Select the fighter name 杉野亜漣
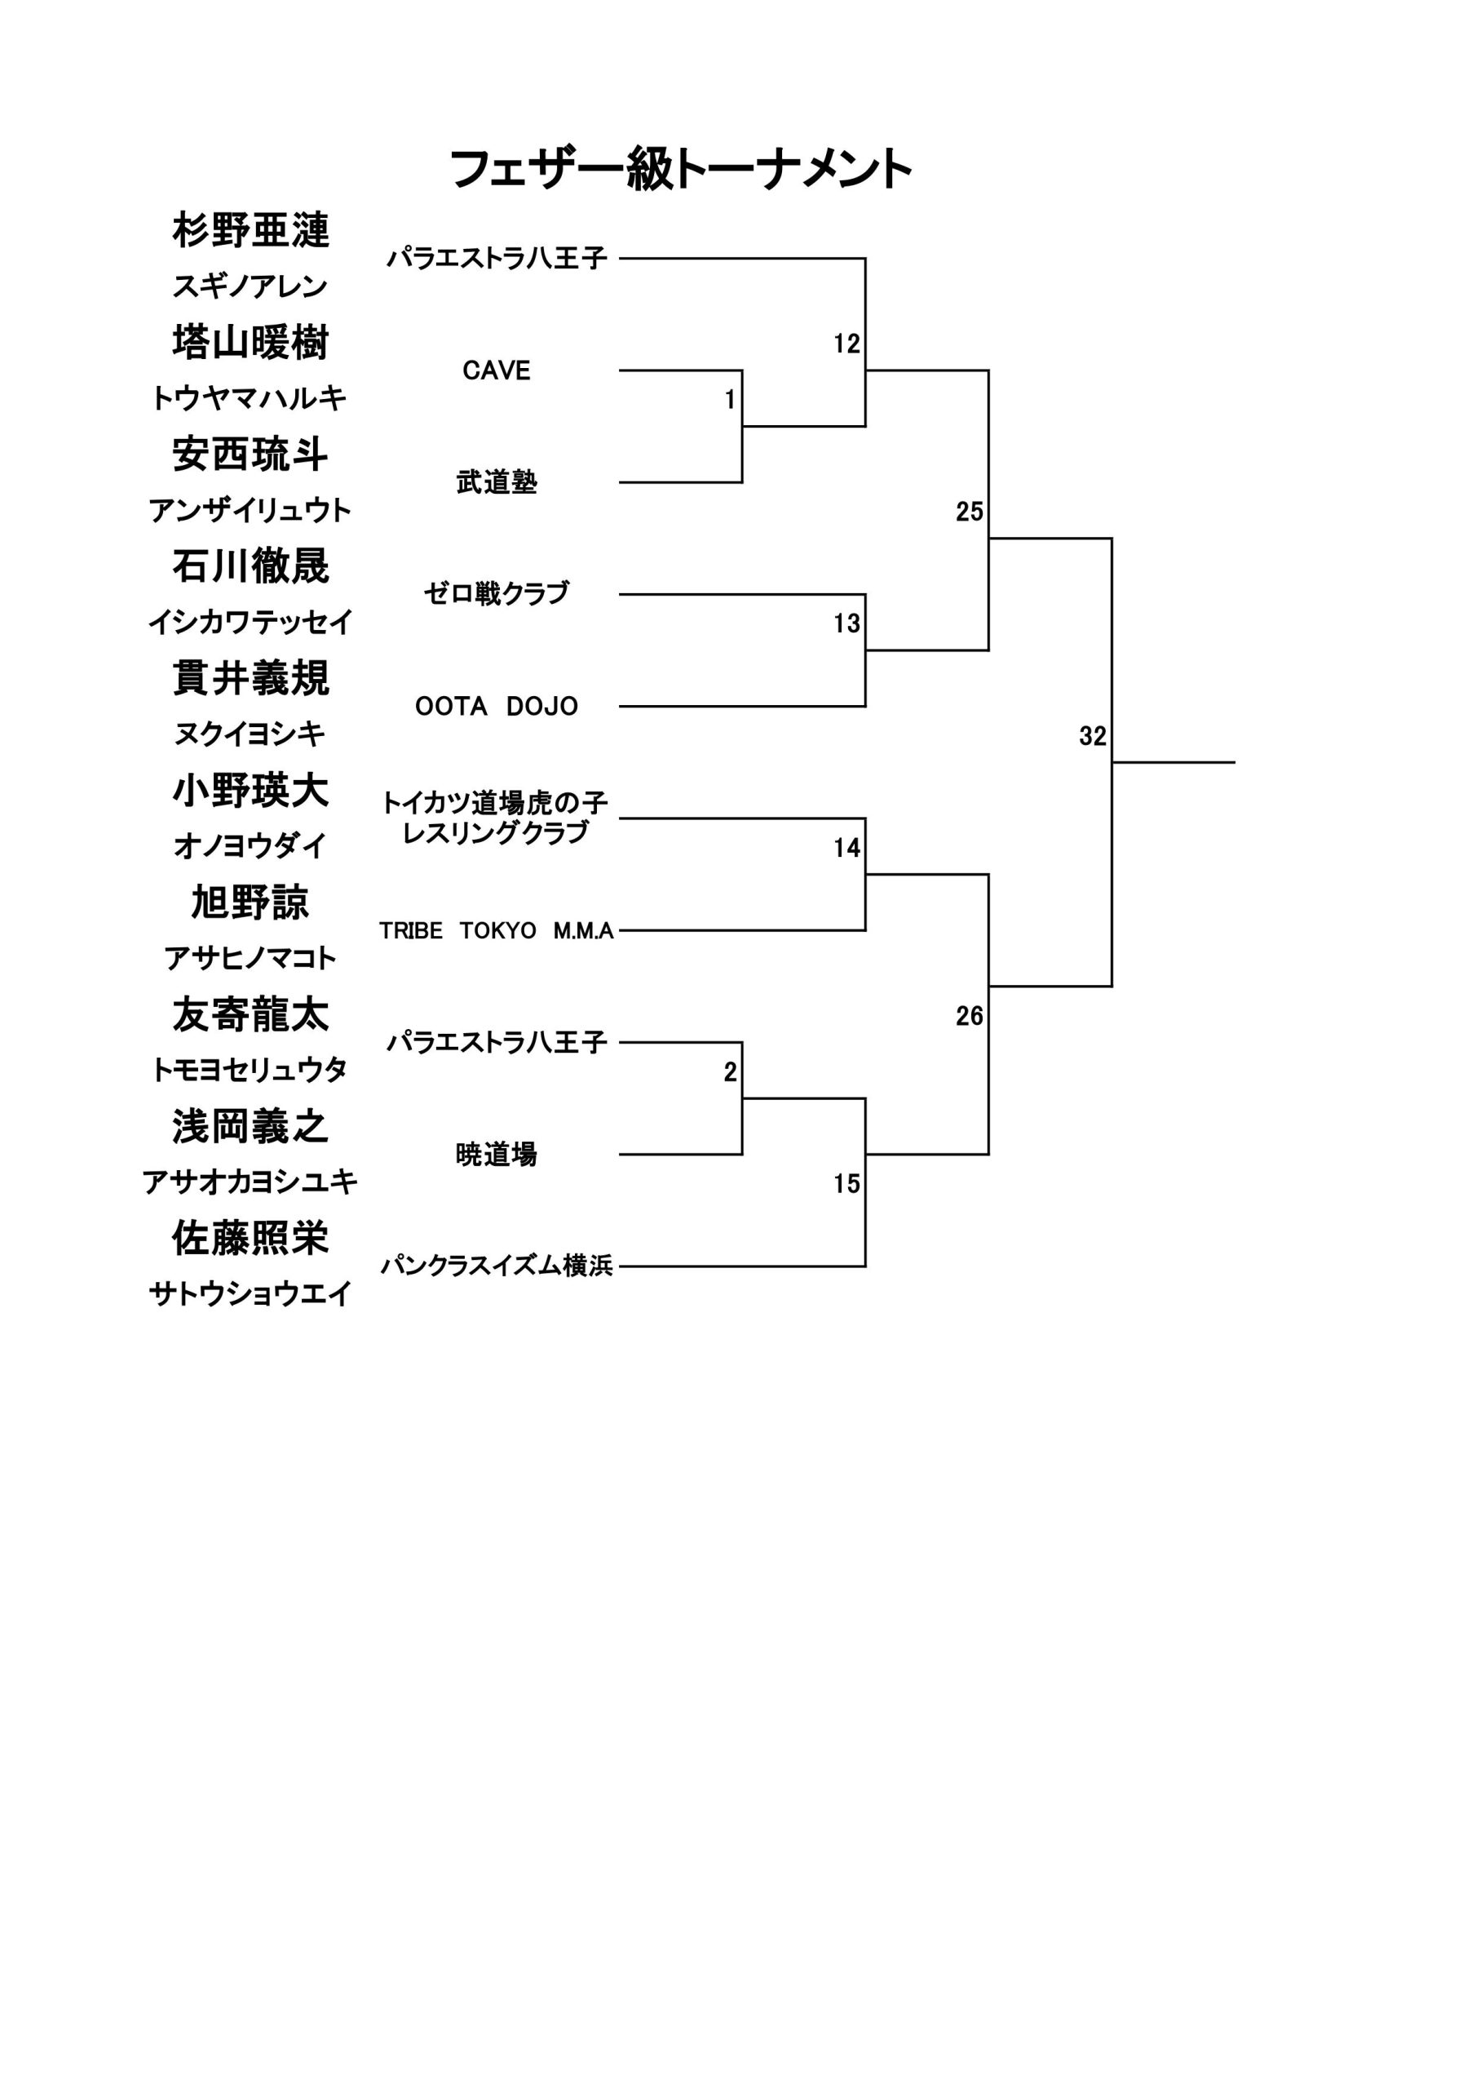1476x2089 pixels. [x=250, y=230]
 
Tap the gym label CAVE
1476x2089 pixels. [x=497, y=370]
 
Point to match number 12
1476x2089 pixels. [x=846, y=344]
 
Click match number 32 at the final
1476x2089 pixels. [x=1092, y=736]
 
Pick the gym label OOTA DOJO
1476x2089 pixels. [x=497, y=706]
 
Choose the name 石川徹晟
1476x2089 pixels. [x=250, y=566]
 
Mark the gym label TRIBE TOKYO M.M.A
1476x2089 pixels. [x=497, y=931]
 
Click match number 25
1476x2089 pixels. [x=970, y=512]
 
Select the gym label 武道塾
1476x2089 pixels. [x=497, y=482]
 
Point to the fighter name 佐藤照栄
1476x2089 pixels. [x=250, y=1238]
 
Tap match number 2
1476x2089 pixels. [x=731, y=1073]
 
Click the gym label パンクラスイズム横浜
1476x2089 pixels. [x=497, y=1266]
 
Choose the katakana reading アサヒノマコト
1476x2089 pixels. [x=250, y=958]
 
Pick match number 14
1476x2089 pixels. [x=846, y=848]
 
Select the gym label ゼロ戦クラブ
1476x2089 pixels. [x=497, y=593]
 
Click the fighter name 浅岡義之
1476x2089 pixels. [x=250, y=1126]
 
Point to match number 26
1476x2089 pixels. [x=970, y=1015]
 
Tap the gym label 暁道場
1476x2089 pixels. [x=497, y=1155]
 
